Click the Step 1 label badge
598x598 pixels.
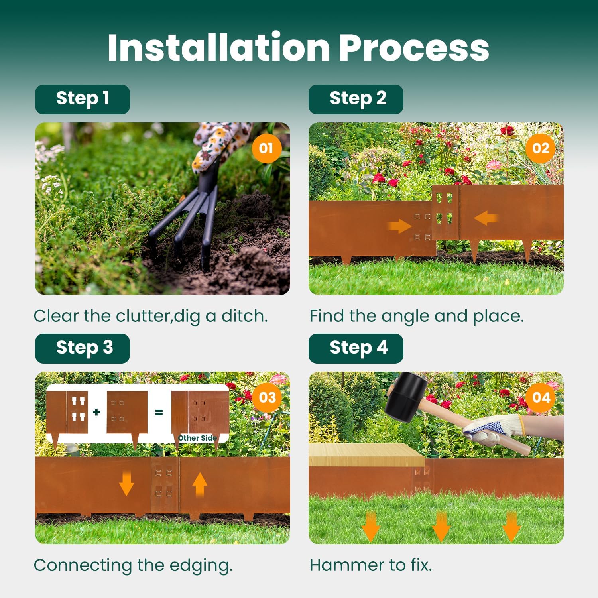83,99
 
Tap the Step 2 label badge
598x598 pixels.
356,99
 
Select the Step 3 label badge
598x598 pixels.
83,348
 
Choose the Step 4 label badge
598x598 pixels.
356,348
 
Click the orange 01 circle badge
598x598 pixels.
266,148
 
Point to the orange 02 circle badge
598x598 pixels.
541,148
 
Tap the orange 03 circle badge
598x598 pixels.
267,397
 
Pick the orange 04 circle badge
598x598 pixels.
541,397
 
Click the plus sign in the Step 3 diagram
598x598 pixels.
96,412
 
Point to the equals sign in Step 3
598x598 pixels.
159,412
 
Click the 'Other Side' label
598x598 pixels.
197,438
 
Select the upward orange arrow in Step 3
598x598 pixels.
200,484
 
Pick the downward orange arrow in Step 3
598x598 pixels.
126,483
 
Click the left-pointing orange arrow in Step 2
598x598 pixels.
486,218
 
